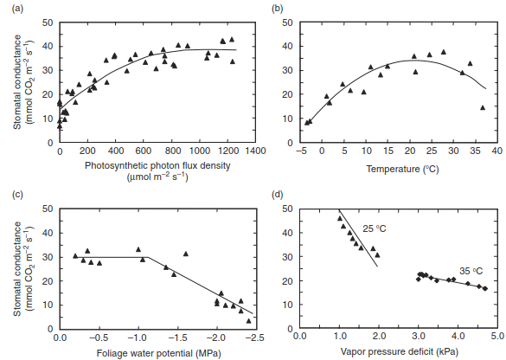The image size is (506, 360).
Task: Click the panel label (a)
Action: (17, 9)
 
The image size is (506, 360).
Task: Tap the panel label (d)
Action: (278, 195)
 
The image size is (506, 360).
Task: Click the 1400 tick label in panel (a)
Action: (255, 151)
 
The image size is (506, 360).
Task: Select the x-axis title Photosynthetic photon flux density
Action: (157, 165)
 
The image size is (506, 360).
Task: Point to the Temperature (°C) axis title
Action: (402, 169)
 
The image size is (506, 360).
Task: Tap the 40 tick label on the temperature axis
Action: (497, 151)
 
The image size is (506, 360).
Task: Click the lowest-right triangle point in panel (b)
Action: (483, 107)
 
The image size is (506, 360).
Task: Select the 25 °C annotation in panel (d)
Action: (375, 228)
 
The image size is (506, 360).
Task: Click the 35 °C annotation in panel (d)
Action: (471, 271)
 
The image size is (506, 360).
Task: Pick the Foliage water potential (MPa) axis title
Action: (159, 353)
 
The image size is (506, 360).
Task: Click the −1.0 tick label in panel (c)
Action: (138, 337)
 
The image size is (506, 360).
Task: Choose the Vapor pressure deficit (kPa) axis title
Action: (400, 351)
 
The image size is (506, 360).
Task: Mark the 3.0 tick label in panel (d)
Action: (419, 336)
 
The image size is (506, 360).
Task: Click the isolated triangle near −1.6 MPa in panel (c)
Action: (186, 254)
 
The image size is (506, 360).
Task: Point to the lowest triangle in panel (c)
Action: (248, 320)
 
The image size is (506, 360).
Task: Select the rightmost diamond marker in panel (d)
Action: (485, 289)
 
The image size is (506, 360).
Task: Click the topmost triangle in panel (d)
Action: (339, 218)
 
